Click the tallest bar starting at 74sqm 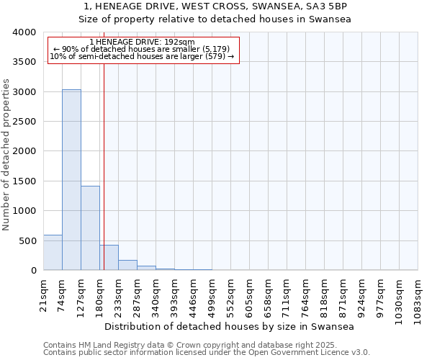click(71, 180)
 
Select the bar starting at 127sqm click(90, 228)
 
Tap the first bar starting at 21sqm click(53, 253)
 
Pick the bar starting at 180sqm click(109, 258)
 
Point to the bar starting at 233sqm click(127, 265)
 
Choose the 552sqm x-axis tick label click(231, 295)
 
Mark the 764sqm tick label click(306, 295)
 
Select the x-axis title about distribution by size click(230, 326)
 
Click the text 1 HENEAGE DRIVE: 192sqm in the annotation click(143, 42)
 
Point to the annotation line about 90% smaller click(143, 49)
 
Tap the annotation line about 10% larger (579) click(143, 56)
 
